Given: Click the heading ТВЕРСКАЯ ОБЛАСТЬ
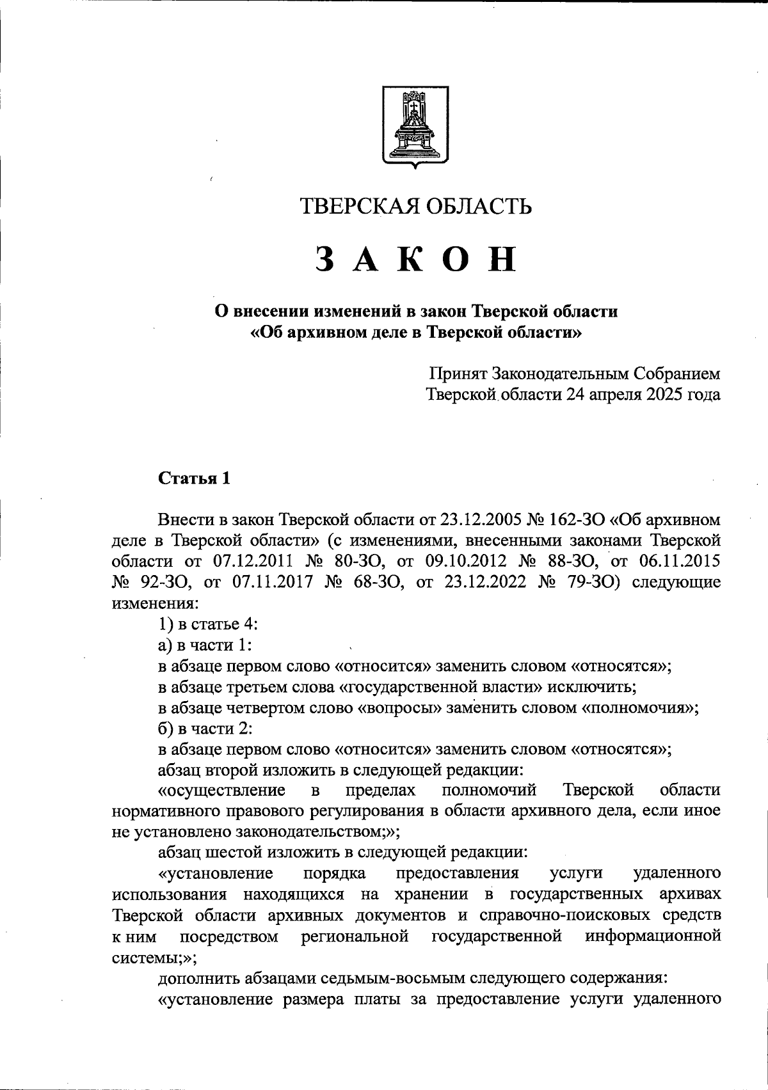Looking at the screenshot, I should click(x=416, y=207).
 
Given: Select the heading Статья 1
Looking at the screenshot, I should click(x=194, y=478).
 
